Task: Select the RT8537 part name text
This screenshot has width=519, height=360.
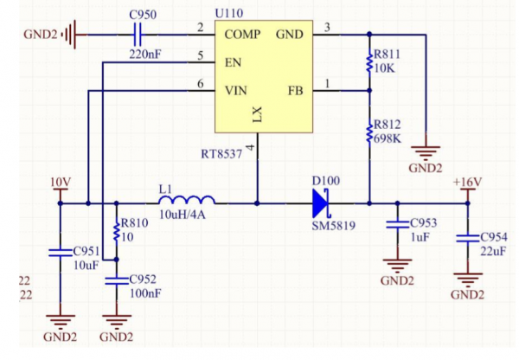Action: pos(221,154)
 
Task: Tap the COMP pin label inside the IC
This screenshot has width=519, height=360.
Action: pos(244,35)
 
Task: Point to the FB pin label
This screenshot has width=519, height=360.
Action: pos(295,90)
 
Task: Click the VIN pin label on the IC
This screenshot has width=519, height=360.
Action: pos(237,90)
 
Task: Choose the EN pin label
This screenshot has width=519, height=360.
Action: pos(233,62)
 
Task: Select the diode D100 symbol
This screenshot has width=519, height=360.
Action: pos(320,202)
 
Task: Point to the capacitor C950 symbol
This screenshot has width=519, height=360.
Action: pos(137,35)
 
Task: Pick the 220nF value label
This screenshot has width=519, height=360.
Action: pos(145,55)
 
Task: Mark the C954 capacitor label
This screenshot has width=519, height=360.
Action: pos(494,237)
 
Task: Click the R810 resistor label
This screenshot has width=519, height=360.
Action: pos(135,222)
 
